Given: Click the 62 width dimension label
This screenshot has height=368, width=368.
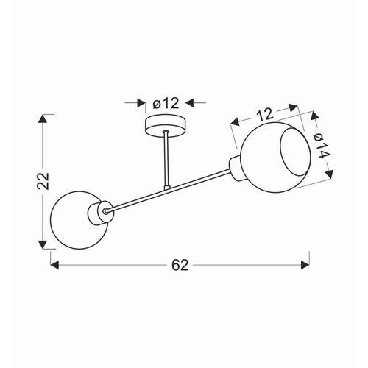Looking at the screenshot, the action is click(x=180, y=265).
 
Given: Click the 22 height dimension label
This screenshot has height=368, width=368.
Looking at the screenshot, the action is click(x=43, y=181).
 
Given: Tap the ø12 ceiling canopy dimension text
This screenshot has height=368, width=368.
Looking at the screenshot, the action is click(x=166, y=103).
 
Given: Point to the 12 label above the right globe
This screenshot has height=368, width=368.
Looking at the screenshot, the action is click(x=265, y=114).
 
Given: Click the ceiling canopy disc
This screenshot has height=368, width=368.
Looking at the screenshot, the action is click(x=166, y=125).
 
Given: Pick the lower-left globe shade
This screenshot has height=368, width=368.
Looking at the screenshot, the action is click(x=79, y=220).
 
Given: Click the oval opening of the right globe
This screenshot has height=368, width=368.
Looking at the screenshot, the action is click(x=295, y=152).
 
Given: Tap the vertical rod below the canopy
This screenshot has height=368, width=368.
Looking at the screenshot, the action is click(x=166, y=160).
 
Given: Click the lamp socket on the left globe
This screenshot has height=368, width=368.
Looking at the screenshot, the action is click(x=101, y=213).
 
